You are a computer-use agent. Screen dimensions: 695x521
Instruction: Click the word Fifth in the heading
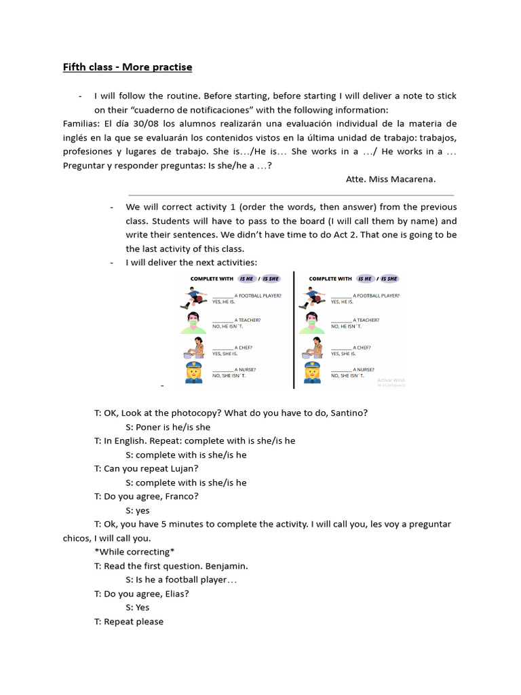tap(75, 67)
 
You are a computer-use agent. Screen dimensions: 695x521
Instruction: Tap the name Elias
tap(175, 593)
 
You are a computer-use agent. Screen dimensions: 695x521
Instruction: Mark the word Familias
tap(81, 124)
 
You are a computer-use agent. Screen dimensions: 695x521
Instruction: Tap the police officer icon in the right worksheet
tap(312, 373)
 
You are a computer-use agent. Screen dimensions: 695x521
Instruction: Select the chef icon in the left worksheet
tap(195, 347)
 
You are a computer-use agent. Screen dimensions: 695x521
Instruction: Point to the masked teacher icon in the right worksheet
tap(312, 322)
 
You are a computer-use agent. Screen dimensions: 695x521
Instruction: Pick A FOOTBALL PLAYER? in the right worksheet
tap(376, 296)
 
